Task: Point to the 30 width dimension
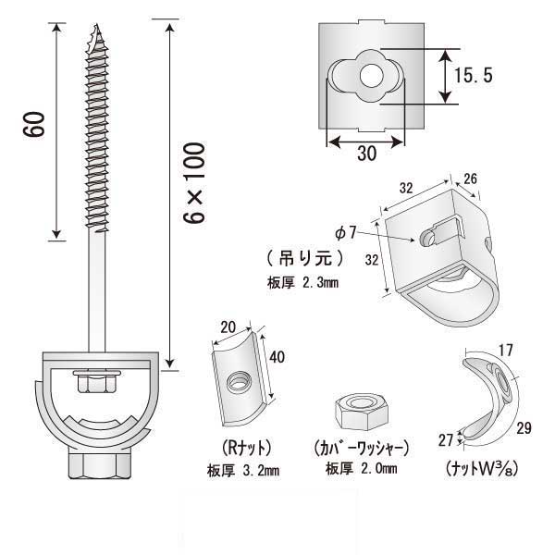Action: pos(366,155)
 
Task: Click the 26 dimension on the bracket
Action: pos(472,179)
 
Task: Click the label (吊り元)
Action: pos(304,255)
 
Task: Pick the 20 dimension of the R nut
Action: pos(228,326)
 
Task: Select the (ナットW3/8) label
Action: pos(478,466)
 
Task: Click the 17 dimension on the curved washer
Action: pos(506,351)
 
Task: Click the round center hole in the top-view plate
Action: pos(371,74)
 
